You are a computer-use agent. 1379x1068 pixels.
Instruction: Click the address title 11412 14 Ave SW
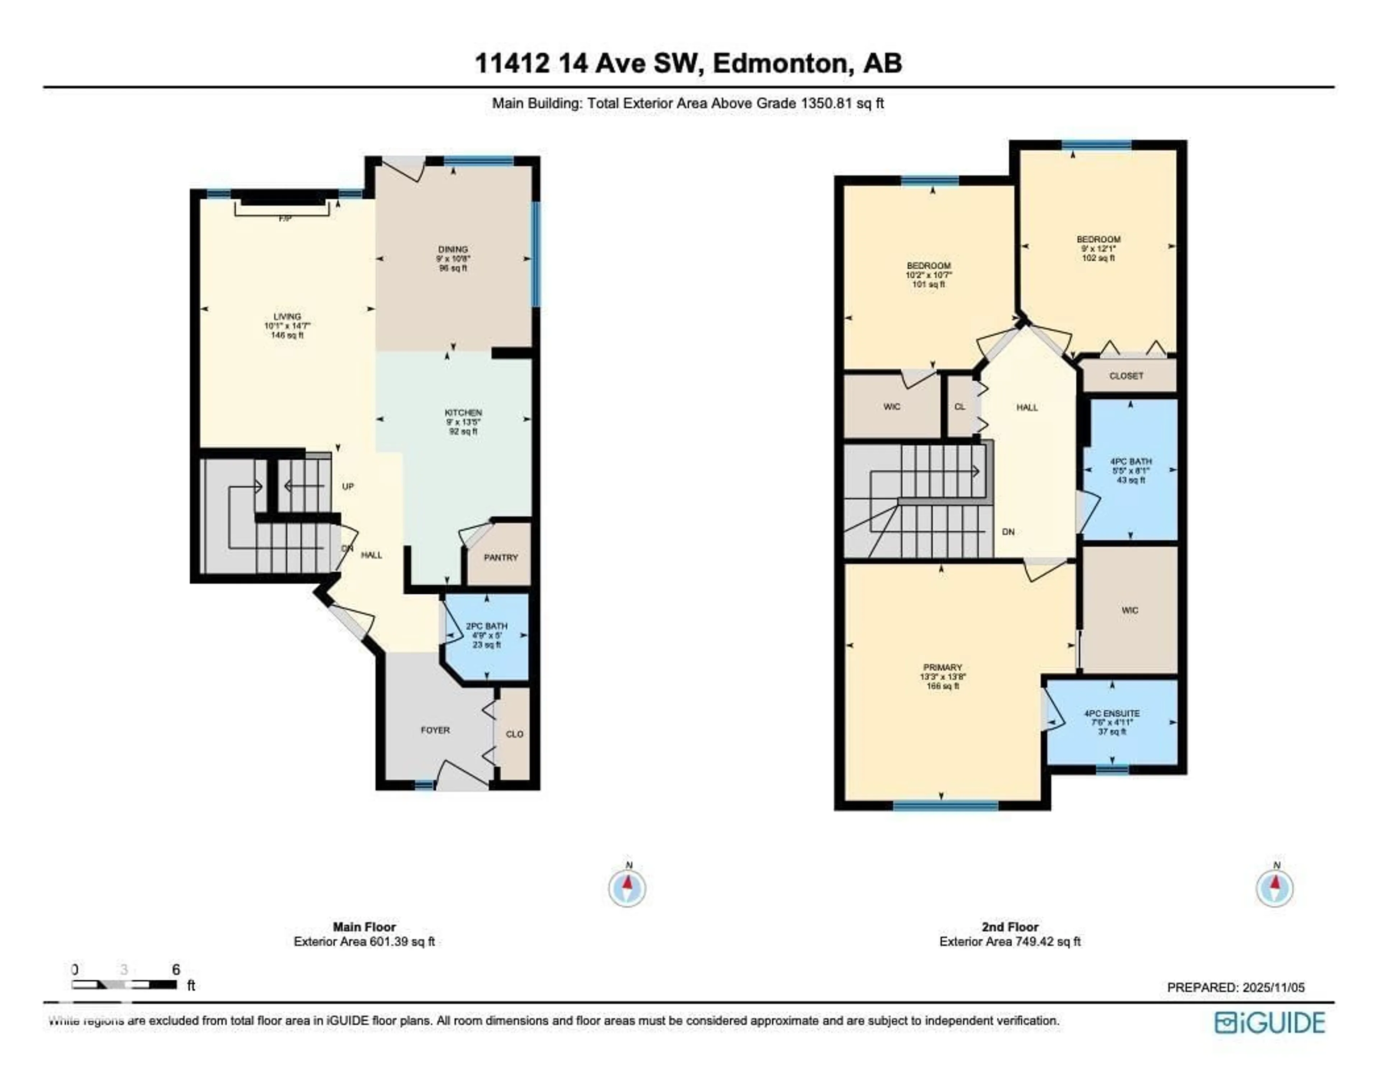(688, 63)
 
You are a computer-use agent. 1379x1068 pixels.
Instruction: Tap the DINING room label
(453, 250)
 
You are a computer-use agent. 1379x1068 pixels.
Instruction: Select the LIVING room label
(287, 316)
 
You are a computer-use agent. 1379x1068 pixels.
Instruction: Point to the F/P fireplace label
(285, 219)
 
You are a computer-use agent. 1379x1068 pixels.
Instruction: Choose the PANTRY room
(501, 558)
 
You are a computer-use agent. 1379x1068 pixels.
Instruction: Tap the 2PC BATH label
(486, 626)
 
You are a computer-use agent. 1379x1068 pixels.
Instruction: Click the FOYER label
(435, 730)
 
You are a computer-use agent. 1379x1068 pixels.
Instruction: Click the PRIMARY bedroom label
(943, 668)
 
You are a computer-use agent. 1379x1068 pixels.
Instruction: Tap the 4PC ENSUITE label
(1111, 713)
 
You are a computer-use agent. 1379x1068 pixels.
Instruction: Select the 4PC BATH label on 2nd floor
(1131, 462)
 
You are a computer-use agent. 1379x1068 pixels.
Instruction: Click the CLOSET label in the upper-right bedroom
(1126, 376)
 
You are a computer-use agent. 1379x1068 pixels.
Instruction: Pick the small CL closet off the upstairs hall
(960, 407)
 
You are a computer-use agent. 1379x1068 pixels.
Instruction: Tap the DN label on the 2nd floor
(1008, 532)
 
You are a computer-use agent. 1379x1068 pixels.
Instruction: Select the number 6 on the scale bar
(176, 970)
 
